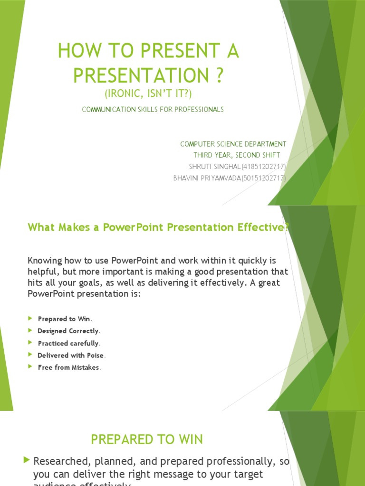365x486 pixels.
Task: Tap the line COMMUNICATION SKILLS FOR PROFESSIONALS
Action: (153, 110)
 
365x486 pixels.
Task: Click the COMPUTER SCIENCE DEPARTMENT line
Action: (233, 144)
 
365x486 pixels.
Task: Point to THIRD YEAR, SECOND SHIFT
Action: (236, 155)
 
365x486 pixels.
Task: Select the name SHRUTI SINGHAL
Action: (215, 167)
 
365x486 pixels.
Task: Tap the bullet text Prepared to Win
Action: (64, 319)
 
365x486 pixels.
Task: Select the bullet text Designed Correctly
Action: (68, 331)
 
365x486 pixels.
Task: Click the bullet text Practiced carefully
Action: (68, 343)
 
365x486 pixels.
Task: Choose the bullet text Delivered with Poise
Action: (70, 355)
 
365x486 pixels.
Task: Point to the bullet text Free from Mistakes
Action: (68, 367)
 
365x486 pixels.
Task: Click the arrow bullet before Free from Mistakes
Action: (30, 367)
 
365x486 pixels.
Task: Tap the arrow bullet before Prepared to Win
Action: (30, 318)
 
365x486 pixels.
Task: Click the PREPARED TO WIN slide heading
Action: (147, 440)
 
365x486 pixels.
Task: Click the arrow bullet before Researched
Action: (27, 460)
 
